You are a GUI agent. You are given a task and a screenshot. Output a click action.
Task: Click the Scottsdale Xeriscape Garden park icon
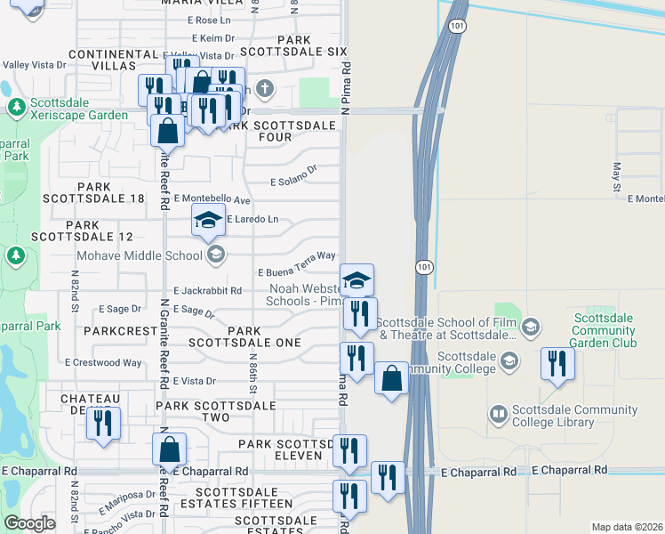(x=16, y=108)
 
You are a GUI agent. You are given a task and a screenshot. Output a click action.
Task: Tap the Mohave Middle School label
(x=127, y=256)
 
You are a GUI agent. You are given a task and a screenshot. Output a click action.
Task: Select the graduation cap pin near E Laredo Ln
(x=207, y=221)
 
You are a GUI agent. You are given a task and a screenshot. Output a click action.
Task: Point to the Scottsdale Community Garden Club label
(x=605, y=329)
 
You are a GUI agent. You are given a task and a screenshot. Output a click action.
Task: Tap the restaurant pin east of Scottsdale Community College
(x=557, y=363)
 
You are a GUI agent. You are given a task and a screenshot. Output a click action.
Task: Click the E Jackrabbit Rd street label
(x=208, y=291)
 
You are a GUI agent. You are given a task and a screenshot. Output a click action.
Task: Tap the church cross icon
(x=264, y=88)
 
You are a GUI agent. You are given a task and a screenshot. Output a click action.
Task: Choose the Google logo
(x=28, y=523)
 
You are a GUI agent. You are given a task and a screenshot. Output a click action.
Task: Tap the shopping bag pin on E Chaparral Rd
(x=169, y=449)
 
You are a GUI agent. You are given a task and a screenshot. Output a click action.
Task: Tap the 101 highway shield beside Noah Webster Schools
(x=424, y=266)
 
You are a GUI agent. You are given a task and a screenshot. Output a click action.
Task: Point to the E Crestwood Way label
(x=103, y=362)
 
